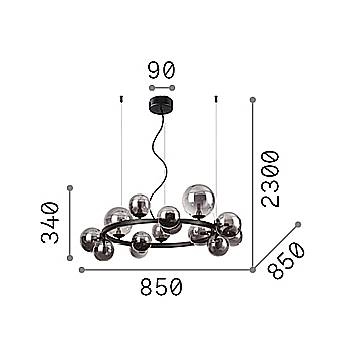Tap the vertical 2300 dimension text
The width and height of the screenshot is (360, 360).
point(270,178)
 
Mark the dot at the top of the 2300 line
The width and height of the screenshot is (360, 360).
point(252,98)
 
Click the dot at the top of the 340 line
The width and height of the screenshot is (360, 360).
point(70,186)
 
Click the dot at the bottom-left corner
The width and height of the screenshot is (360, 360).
point(70,268)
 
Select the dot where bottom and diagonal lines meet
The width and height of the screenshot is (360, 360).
point(252,268)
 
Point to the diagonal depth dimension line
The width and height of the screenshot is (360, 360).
point(275,246)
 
